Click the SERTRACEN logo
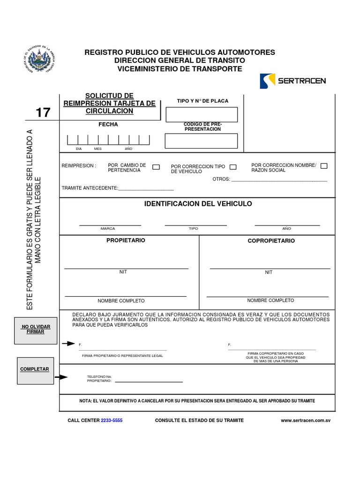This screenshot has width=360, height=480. coord(292,81)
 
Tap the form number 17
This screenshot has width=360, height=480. coord(43,113)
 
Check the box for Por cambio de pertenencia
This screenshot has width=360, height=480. coord(157,167)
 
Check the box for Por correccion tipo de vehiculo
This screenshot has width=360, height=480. coord(233,167)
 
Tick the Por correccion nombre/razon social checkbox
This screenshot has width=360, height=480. coord(324,166)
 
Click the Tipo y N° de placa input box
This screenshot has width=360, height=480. coord(201,114)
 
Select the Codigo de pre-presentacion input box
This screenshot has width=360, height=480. coord(201,141)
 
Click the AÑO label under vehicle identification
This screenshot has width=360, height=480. coord(286,229)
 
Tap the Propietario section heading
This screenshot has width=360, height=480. coord(126,240)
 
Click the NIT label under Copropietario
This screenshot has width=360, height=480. coord(269,272)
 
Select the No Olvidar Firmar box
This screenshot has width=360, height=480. coord(36,329)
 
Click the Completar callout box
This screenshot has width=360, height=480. coord(35,369)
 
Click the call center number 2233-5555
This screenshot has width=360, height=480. coord(112,420)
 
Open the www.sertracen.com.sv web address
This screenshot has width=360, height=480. coord(306,420)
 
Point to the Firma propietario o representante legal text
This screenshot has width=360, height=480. coord(122,356)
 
